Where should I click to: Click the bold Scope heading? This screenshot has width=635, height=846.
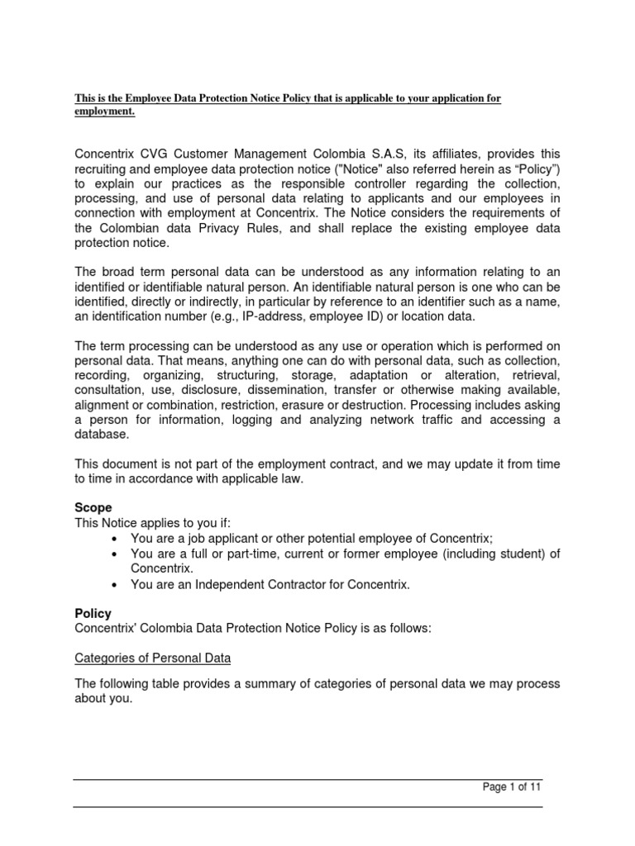93,508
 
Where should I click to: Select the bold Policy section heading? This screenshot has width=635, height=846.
93,614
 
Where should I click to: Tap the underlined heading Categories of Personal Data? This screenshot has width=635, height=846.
153,658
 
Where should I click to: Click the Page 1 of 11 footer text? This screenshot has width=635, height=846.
512,787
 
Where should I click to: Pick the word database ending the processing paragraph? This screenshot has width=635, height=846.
103,435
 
